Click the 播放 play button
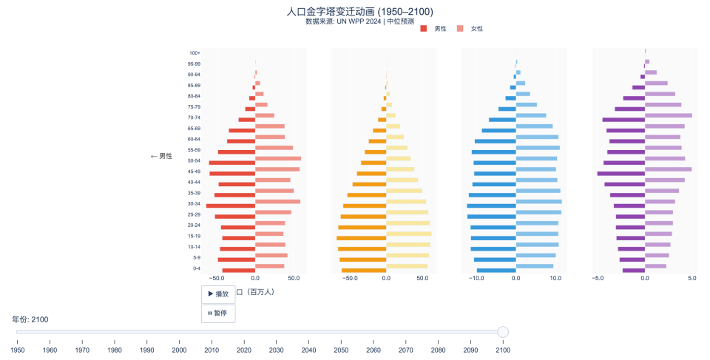[x=218, y=294]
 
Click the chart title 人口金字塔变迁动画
[x=359, y=12]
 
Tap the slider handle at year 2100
[x=503, y=332]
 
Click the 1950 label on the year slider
[x=18, y=350]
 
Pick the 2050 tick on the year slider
[x=341, y=350]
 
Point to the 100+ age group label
[x=195, y=53]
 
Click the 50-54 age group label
[x=194, y=160]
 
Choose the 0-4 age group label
[x=196, y=268]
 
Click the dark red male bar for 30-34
[x=231, y=206]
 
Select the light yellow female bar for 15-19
[x=408, y=234]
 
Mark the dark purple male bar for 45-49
[x=621, y=174]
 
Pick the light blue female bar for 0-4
[x=535, y=266]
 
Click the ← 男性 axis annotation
[x=161, y=157]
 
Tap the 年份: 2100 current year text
[x=30, y=319]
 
